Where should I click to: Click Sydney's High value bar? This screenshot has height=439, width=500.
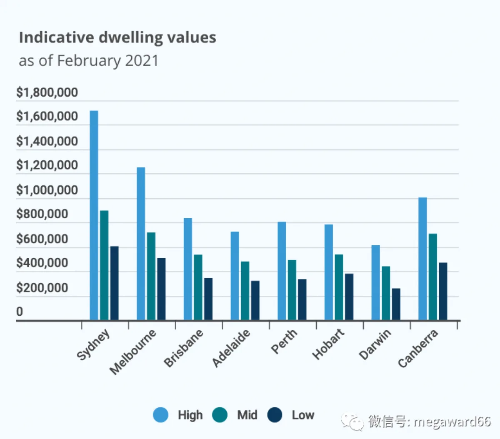(94, 215)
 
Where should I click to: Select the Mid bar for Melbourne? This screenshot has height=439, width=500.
(151, 276)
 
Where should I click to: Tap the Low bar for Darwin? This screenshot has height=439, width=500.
(396, 304)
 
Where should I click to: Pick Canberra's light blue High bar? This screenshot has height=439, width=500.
(422, 259)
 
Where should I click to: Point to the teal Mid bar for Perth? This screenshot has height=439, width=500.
(292, 290)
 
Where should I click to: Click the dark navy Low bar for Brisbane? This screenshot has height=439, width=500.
(208, 299)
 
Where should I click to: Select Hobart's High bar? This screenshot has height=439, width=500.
(328, 272)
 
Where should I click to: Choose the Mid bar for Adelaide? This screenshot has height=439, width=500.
(245, 291)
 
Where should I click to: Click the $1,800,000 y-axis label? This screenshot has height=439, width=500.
(47, 92)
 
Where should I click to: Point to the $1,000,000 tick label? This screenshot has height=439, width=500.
(47, 190)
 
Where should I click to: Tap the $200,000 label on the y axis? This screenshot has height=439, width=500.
(42, 288)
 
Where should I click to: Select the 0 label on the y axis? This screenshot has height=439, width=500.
(20, 312)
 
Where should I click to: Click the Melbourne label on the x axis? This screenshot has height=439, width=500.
(133, 352)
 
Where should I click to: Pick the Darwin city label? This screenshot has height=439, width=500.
(375, 344)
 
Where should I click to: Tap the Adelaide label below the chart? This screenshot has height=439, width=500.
(231, 348)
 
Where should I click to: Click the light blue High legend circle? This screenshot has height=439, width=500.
(161, 414)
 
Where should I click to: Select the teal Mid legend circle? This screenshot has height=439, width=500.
(220, 414)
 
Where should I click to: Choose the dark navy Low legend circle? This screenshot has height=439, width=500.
(275, 414)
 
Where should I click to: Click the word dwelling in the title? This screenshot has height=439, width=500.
(131, 38)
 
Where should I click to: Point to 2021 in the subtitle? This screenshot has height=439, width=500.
(142, 60)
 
